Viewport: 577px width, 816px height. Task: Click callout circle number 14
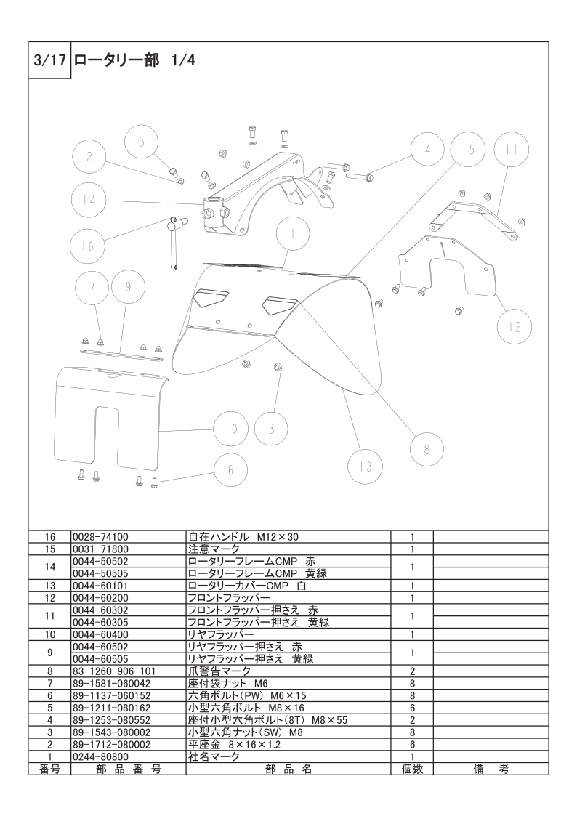click(89, 200)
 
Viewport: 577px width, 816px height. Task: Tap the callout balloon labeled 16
click(87, 246)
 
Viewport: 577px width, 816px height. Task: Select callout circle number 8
click(427, 449)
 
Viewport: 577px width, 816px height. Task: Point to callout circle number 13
click(366, 466)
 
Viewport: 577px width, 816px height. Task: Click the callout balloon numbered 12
click(515, 327)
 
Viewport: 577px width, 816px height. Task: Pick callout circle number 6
click(230, 470)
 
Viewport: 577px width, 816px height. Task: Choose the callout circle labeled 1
click(293, 234)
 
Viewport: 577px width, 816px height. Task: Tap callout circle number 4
click(427, 150)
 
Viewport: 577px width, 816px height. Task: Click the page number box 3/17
click(49, 60)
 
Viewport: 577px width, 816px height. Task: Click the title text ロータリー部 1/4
click(134, 60)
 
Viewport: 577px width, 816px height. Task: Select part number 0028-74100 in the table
click(101, 536)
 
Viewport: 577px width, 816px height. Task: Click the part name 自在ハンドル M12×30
click(243, 536)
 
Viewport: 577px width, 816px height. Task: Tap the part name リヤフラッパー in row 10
click(221, 635)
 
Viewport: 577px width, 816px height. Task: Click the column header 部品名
click(288, 769)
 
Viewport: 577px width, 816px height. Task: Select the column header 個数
click(412, 769)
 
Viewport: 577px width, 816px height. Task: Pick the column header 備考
click(491, 769)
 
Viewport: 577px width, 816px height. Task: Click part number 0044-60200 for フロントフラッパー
click(101, 598)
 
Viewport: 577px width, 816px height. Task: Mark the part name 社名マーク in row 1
click(214, 756)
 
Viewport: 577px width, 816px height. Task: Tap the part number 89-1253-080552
click(112, 720)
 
